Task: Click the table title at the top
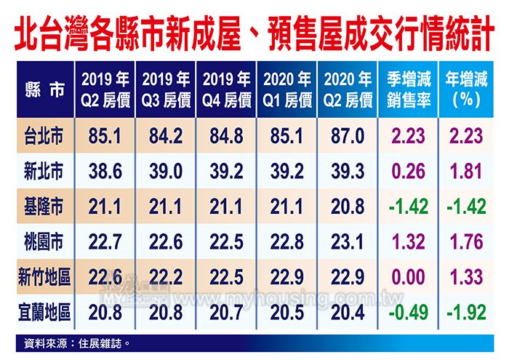pos(254,32)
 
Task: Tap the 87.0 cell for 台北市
pos(348,136)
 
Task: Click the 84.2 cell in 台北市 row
pos(167,136)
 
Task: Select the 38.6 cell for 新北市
pos(105,172)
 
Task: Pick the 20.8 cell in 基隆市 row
pos(348,207)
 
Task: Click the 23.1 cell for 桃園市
pos(348,243)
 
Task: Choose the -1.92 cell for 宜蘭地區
pos(466,313)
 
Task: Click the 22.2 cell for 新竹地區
pos(167,279)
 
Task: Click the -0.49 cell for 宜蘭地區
pos(408,313)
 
